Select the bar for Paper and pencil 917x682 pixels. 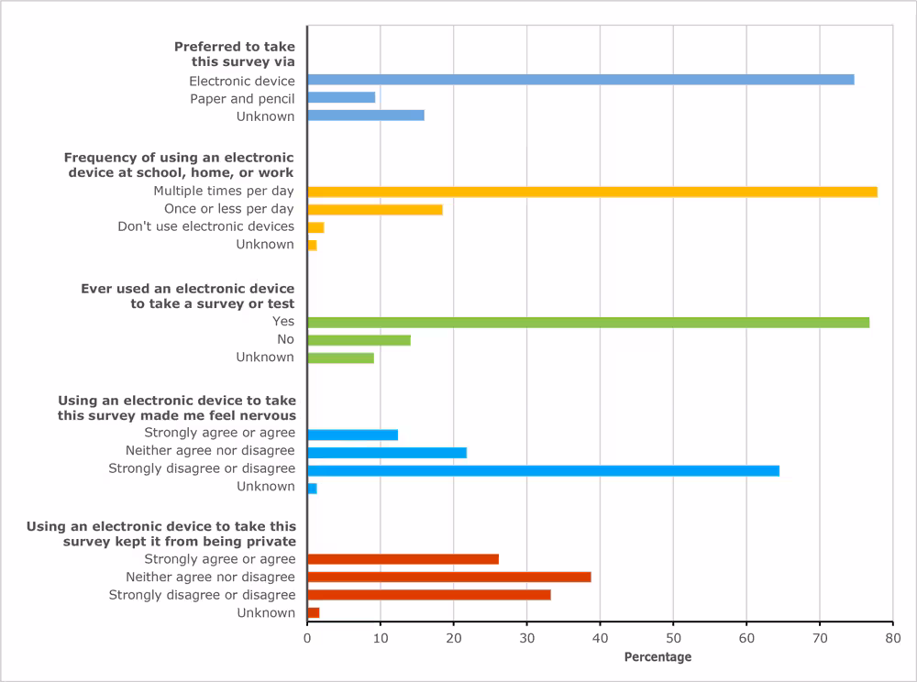click(x=341, y=97)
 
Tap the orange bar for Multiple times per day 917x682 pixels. click(x=592, y=192)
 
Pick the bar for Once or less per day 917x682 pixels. click(x=375, y=209)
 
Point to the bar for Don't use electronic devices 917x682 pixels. click(x=315, y=226)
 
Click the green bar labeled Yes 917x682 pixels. click(x=588, y=322)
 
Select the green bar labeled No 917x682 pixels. click(x=359, y=340)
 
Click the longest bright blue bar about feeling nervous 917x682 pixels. click(x=543, y=470)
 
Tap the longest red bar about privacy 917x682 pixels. click(x=449, y=577)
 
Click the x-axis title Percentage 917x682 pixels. click(x=657, y=657)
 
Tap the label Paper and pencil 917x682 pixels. click(x=242, y=98)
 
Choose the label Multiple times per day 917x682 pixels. click(x=224, y=192)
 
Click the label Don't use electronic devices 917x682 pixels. click(x=206, y=226)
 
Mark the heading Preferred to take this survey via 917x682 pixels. click(x=235, y=54)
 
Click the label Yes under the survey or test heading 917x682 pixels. click(x=283, y=322)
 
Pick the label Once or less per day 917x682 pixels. click(x=229, y=209)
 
